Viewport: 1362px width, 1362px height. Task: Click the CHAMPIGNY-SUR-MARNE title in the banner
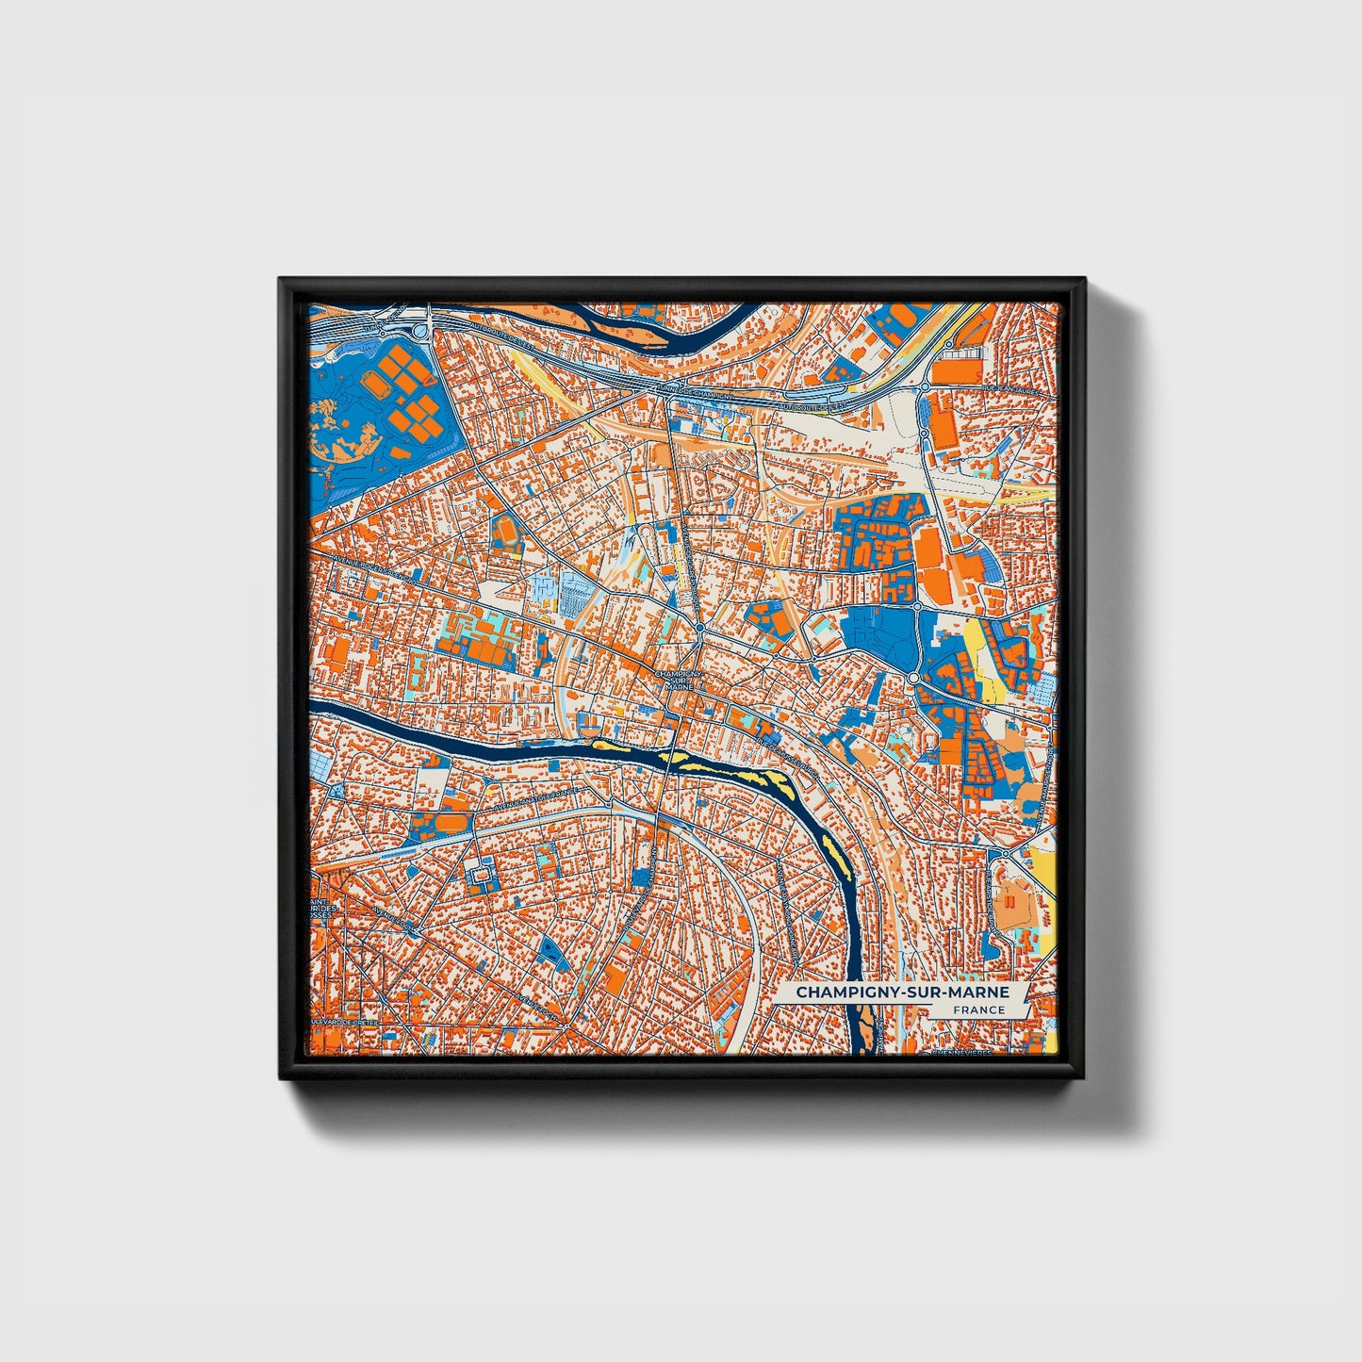[901, 993]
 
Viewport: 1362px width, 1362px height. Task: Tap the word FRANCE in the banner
[978, 1010]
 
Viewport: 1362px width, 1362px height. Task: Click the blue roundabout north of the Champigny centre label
[700, 628]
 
